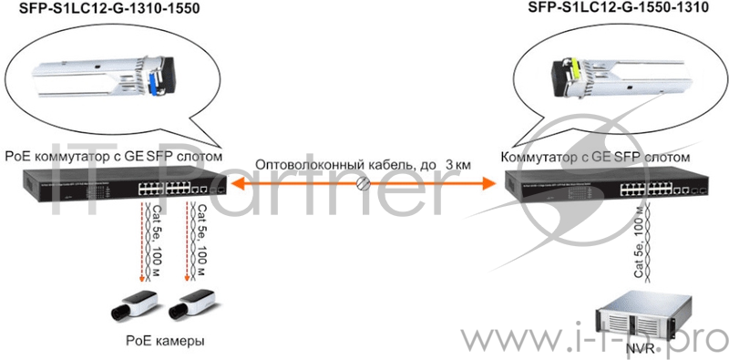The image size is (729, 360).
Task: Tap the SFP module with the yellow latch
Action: click(x=597, y=72)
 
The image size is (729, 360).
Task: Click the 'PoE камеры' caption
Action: click(x=165, y=340)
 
